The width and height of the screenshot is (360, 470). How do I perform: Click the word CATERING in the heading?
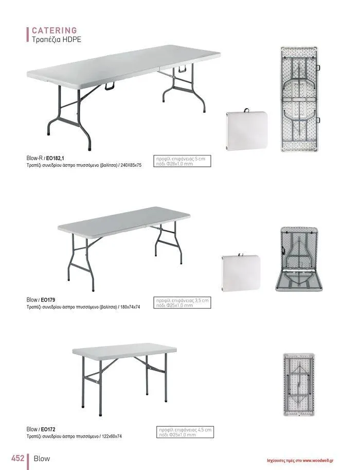pyautogui.click(x=54, y=30)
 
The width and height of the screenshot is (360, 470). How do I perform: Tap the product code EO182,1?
pyautogui.click(x=55, y=159)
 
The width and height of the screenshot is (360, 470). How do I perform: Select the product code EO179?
pyautogui.click(x=48, y=300)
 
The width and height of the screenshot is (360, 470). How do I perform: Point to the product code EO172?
pyautogui.click(x=48, y=429)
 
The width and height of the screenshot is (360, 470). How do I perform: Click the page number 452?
pyautogui.click(x=17, y=458)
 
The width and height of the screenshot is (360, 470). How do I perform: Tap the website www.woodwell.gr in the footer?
pyautogui.click(x=318, y=461)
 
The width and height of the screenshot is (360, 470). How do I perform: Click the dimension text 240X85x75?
pyautogui.click(x=131, y=165)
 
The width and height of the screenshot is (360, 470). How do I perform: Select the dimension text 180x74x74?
pyautogui.click(x=130, y=307)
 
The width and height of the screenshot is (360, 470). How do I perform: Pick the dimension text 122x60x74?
pyautogui.click(x=112, y=437)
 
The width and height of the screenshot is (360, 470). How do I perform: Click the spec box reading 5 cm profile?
pyautogui.click(x=182, y=161)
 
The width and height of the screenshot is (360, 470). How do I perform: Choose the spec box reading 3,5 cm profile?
pyautogui.click(x=182, y=303)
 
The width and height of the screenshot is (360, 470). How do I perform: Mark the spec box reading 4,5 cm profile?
pyautogui.click(x=185, y=432)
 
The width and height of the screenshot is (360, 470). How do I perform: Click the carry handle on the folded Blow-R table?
pyautogui.click(x=247, y=110)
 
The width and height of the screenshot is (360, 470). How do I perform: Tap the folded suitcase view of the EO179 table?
pyautogui.click(x=241, y=273)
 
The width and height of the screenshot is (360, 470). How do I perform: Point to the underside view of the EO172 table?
pyautogui.click(x=299, y=385)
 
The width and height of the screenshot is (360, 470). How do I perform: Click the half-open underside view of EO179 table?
pyautogui.click(x=299, y=259)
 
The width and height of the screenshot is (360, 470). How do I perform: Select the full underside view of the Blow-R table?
pyautogui.click(x=299, y=99)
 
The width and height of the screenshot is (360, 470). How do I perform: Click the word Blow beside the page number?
pyautogui.click(x=42, y=459)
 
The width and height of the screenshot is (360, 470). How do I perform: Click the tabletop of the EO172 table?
pyautogui.click(x=124, y=351)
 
